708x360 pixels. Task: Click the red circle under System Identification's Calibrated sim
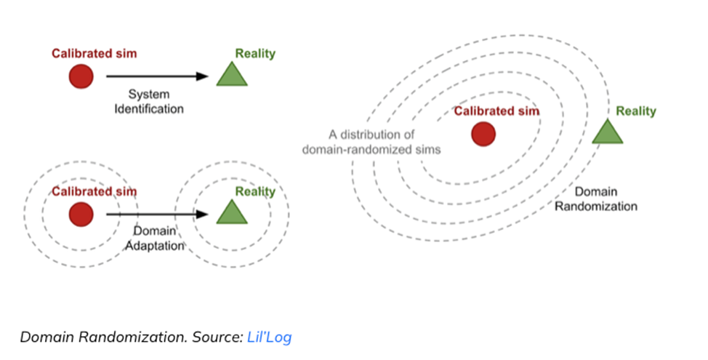coord(81,76)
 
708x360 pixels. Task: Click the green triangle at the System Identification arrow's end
coord(232,74)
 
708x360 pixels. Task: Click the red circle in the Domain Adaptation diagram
coord(81,215)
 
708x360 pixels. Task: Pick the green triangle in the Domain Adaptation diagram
coord(232,212)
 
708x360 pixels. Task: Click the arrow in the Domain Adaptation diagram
coord(157,215)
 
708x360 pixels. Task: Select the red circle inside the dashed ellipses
coord(483,134)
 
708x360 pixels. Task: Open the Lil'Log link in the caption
coord(269,337)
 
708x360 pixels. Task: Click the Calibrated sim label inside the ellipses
coord(496,111)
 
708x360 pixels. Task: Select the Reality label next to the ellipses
coord(635,111)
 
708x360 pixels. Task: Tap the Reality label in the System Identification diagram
coord(255,54)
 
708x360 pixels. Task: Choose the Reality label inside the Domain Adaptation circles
coord(255,192)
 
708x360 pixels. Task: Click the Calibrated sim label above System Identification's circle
coord(94,54)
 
